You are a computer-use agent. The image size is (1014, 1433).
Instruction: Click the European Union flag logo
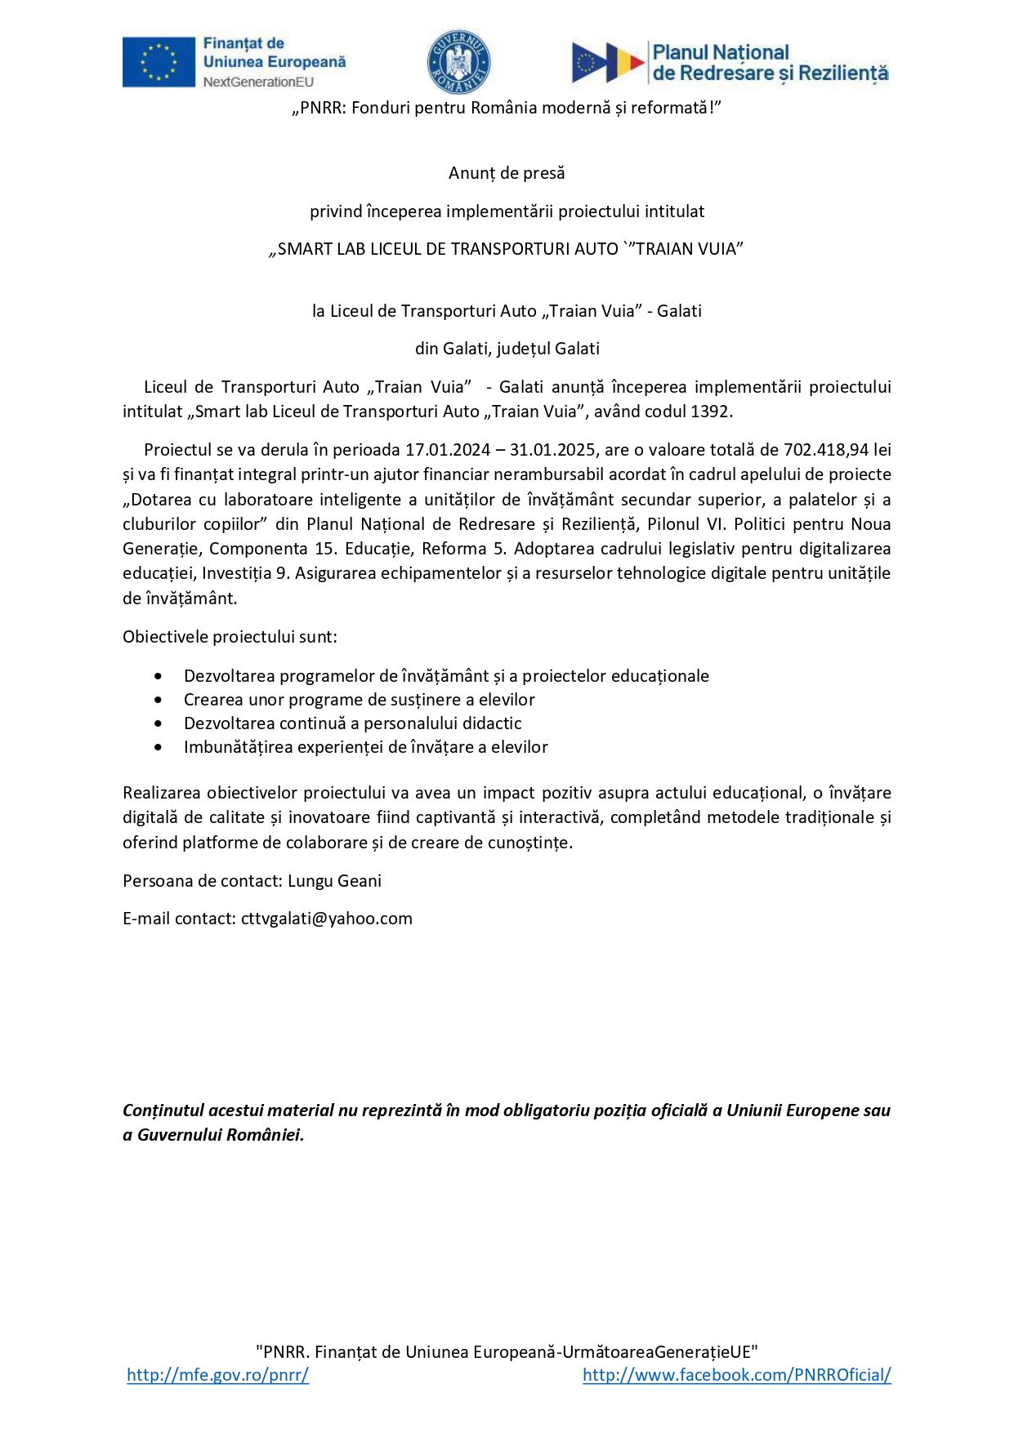click(159, 62)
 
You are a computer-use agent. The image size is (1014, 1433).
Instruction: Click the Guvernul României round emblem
click(458, 62)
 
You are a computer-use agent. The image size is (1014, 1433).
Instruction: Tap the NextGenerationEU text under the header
click(258, 82)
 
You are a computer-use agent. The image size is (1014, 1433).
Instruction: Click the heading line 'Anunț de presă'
click(507, 173)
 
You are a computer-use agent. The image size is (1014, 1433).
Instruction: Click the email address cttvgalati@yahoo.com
click(327, 919)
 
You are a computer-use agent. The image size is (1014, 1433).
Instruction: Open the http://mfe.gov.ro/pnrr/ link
click(217, 1375)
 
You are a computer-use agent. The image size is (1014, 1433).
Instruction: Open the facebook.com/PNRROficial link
click(736, 1375)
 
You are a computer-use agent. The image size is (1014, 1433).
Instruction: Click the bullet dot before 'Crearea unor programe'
click(158, 701)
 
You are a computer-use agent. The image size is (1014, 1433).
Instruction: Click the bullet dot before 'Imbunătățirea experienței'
click(158, 748)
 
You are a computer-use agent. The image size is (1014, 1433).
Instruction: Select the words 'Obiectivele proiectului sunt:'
click(230, 637)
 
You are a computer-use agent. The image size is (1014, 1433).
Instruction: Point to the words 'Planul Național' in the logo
click(720, 52)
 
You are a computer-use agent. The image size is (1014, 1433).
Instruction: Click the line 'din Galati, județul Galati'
click(507, 349)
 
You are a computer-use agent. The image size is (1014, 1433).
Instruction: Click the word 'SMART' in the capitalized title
click(304, 250)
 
